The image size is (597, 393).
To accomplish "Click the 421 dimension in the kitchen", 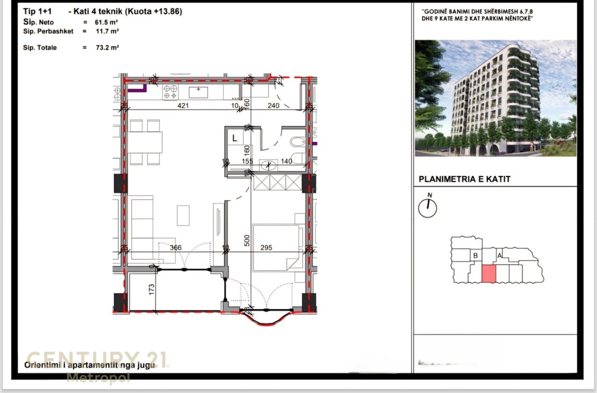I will [183, 106].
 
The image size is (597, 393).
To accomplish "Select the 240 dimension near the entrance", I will [273, 106].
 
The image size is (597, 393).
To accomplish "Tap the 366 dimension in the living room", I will [175, 248].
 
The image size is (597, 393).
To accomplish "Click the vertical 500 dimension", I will [247, 240].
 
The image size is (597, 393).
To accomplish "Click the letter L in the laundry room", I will [235, 138].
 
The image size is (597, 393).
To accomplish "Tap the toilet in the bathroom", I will [297, 142].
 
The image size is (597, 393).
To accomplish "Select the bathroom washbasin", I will [268, 165].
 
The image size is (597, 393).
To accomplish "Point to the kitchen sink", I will [198, 91].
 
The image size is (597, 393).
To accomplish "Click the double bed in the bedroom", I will [275, 248].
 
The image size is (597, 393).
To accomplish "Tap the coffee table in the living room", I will [183, 215].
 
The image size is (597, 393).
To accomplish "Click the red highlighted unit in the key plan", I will [488, 273].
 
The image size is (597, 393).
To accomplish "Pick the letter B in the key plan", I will [475, 255].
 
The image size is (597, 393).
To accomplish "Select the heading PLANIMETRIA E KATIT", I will [465, 179].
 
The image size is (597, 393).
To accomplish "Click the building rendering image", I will [495, 98].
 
